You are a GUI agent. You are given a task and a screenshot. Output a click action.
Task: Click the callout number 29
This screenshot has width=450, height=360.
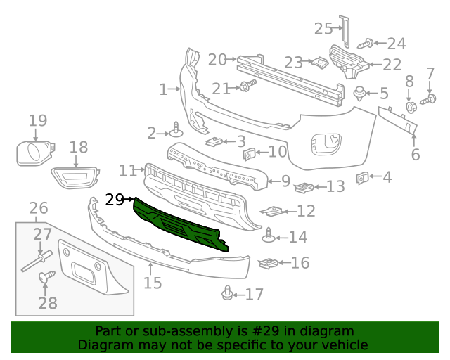pyautogui.click(x=115, y=200)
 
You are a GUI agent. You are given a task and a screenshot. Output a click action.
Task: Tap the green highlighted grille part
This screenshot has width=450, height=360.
pyautogui.click(x=179, y=224)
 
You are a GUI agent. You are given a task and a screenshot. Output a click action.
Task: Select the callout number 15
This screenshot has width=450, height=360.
pyautogui.click(x=153, y=283)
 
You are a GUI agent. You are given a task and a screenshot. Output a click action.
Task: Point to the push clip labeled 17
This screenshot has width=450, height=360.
pyautogui.click(x=228, y=292)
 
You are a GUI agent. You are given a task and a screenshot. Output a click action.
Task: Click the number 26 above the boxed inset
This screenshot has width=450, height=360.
pyautogui.click(x=38, y=207)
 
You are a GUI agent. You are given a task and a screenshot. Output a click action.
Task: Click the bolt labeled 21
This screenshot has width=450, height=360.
pyautogui.click(x=246, y=87)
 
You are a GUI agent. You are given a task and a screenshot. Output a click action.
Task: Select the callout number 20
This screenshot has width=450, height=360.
pyautogui.click(x=217, y=60)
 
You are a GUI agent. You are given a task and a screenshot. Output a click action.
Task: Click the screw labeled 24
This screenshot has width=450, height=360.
pyautogui.click(x=366, y=44)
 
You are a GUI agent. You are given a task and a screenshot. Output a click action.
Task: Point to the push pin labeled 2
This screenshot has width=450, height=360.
pyautogui.click(x=176, y=129)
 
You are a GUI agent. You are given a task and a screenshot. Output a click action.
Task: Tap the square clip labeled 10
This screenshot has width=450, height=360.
pyautogui.click(x=248, y=153)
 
